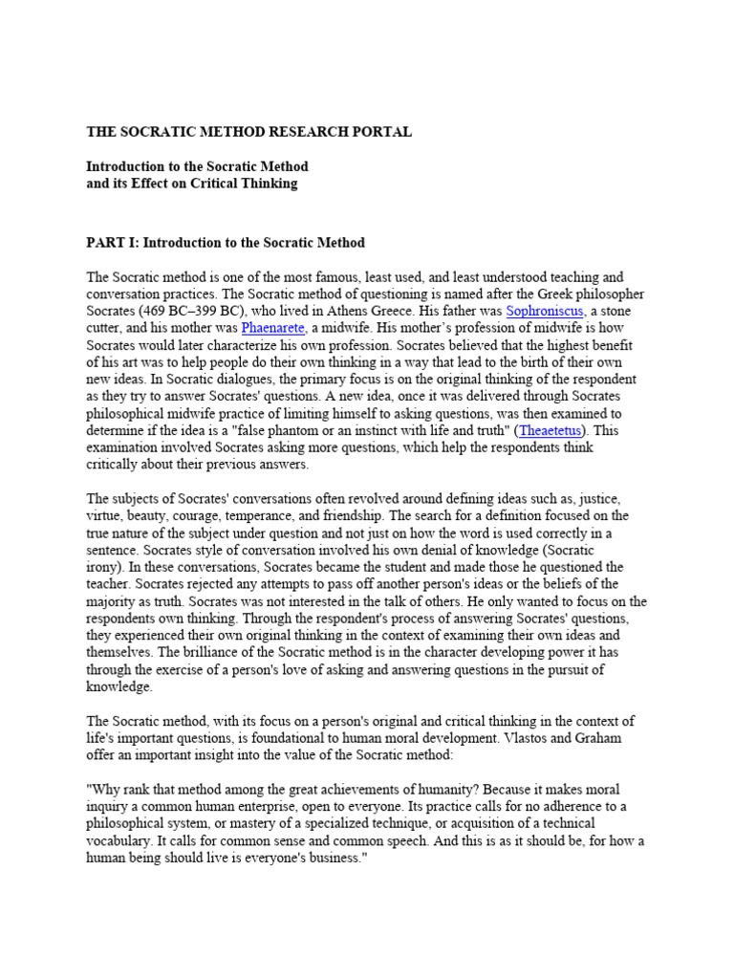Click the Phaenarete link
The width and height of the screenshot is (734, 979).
coord(275,328)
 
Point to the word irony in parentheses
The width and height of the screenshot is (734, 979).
coord(104,567)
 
